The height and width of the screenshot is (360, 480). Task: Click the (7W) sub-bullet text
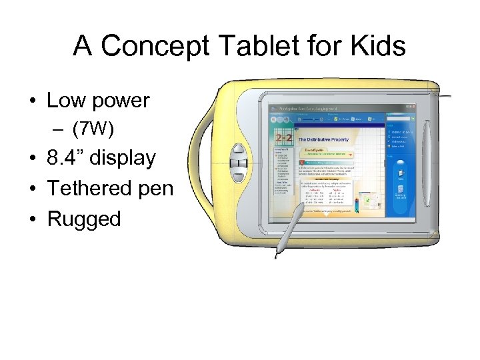[x=95, y=127]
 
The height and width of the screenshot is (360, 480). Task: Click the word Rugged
[x=84, y=219]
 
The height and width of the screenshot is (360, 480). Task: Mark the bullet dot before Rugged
[x=33, y=219]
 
